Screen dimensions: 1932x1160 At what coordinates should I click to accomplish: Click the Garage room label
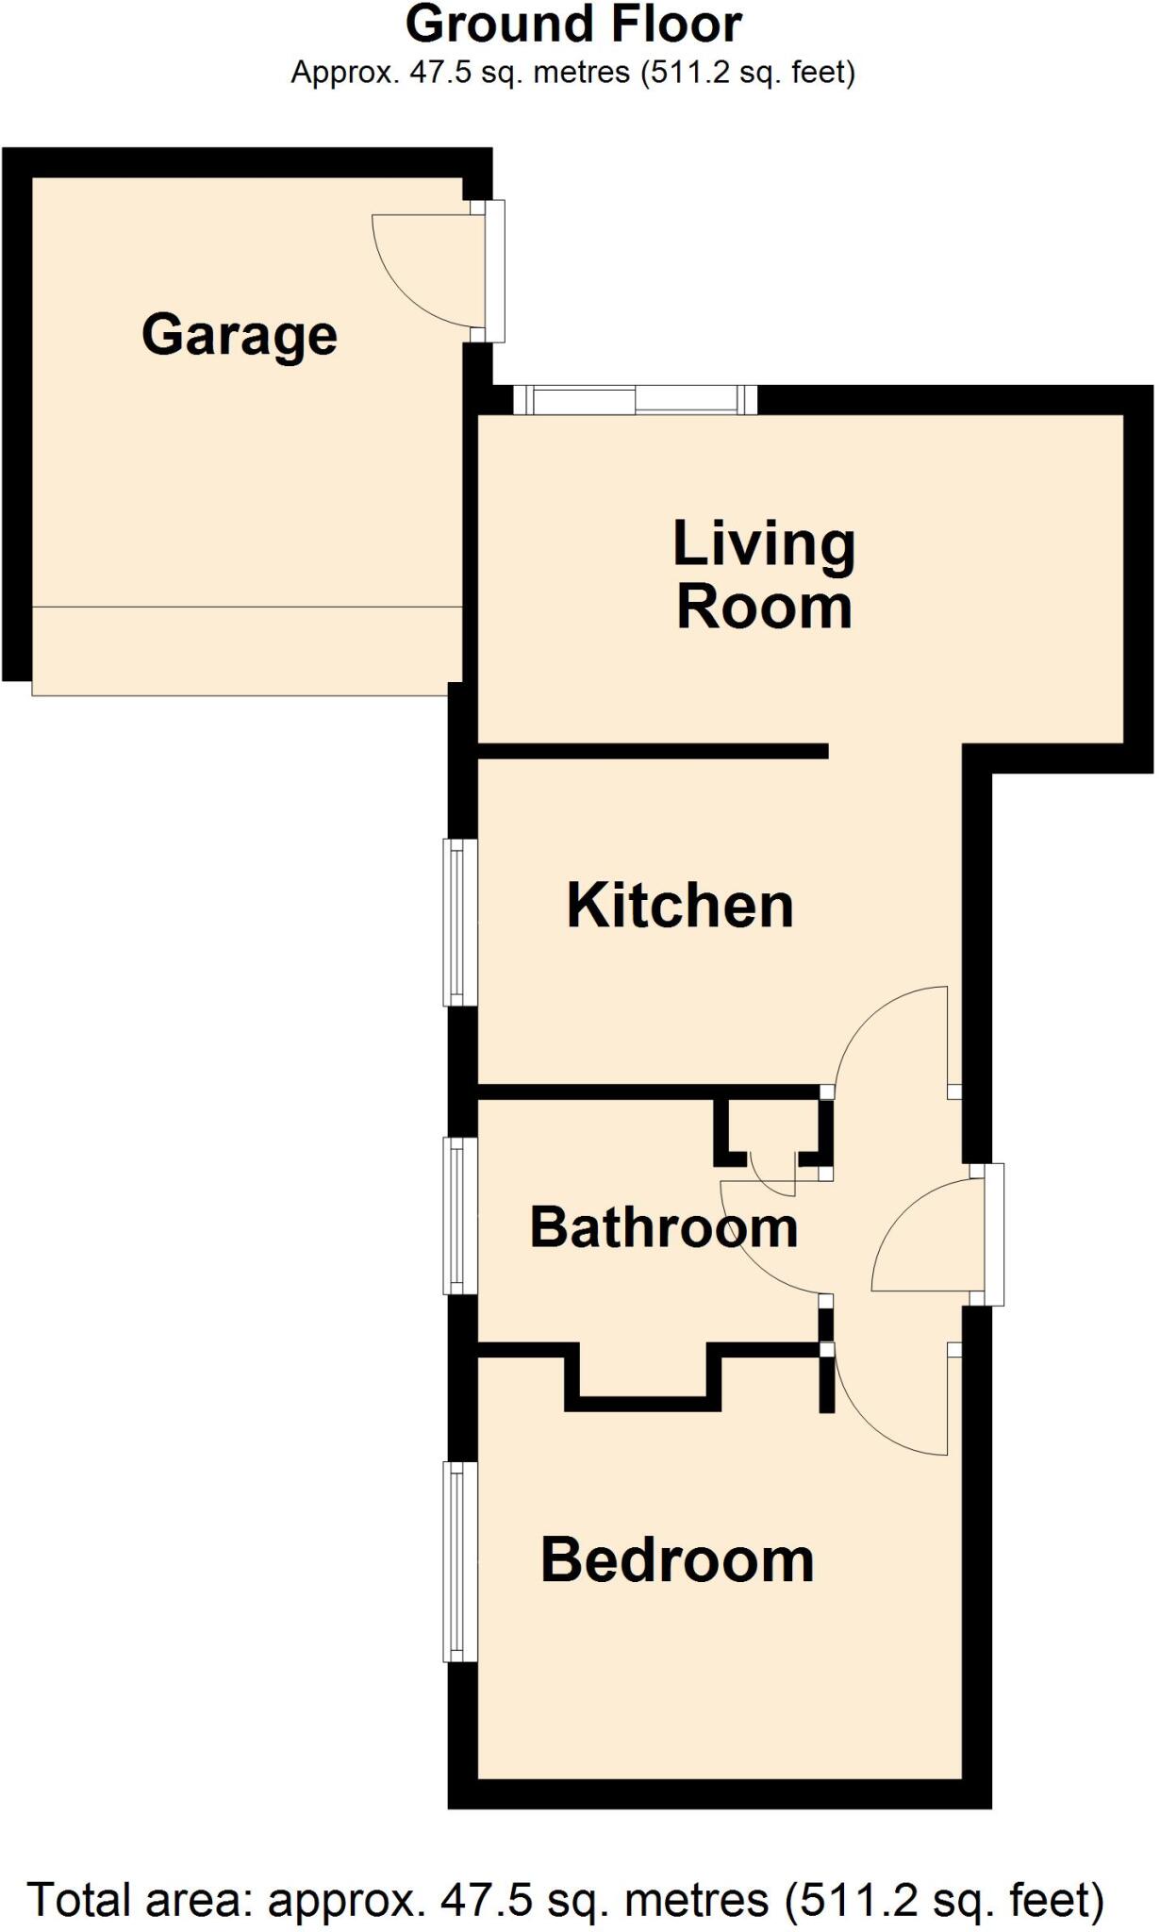tap(240, 335)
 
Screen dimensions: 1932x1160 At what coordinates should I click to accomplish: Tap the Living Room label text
tap(763, 575)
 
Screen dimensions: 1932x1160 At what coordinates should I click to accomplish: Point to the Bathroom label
tap(664, 1227)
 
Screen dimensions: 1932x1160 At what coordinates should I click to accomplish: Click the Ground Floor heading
tap(573, 25)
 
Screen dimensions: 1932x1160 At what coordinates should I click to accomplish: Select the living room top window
tap(635, 400)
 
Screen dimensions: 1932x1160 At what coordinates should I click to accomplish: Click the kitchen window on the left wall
tap(458, 923)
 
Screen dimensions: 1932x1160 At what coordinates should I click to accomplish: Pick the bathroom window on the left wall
tap(458, 1215)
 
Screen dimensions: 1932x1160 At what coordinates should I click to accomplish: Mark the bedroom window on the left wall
tap(458, 1561)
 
